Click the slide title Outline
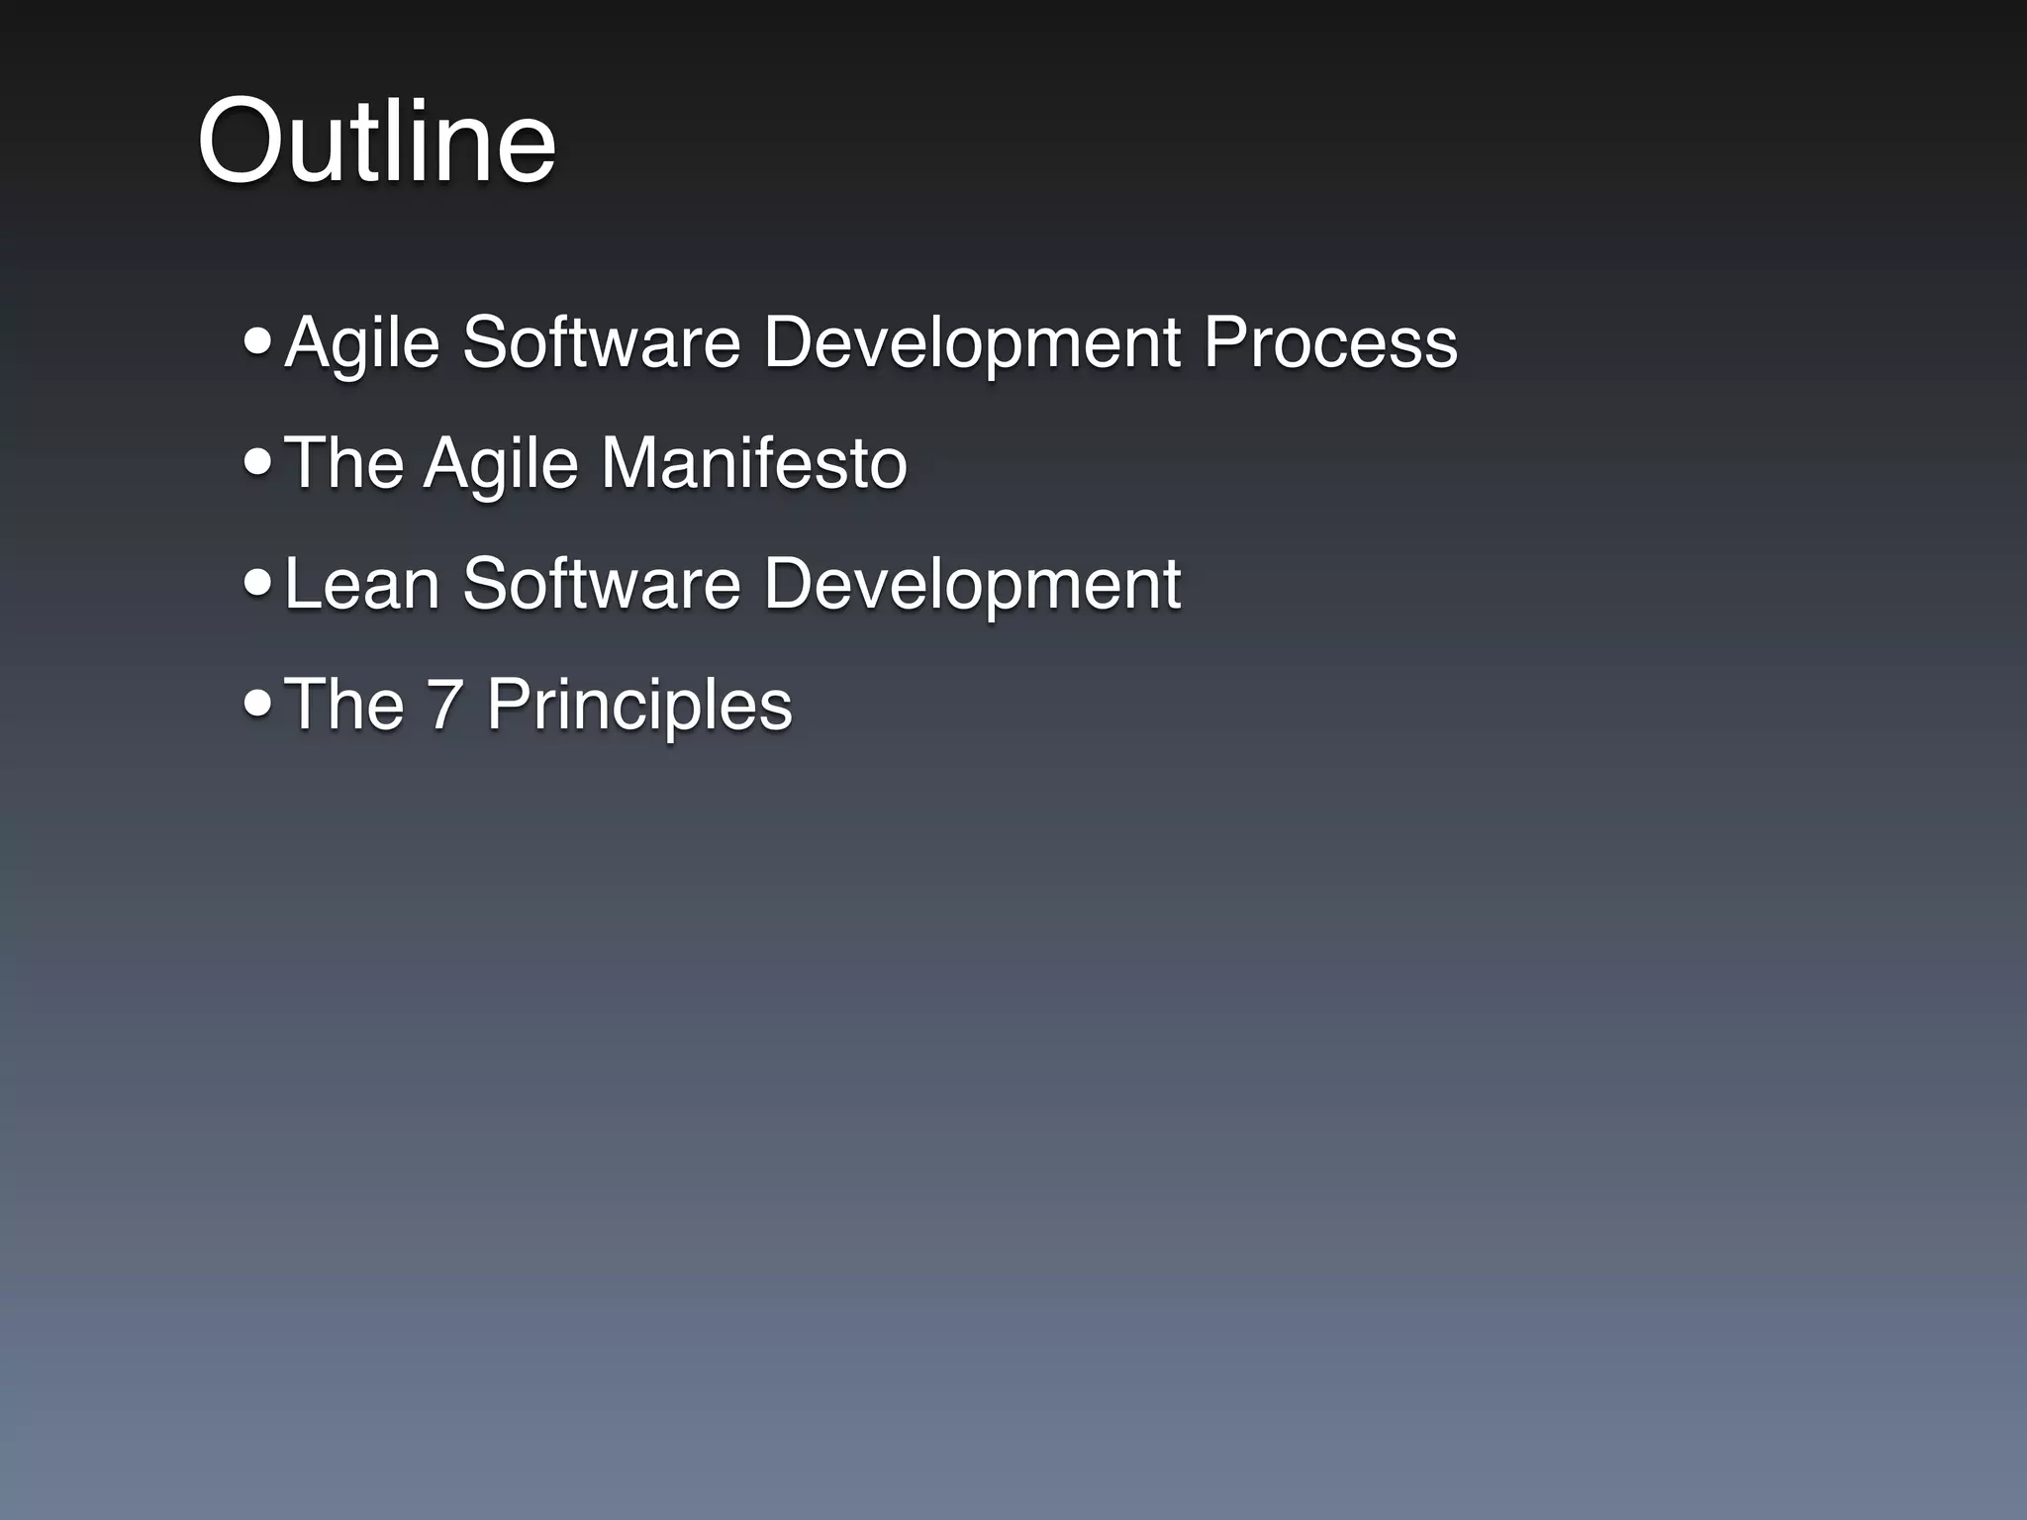tap(376, 141)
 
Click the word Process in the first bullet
tap(1329, 342)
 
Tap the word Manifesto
tap(753, 463)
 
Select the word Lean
tap(361, 584)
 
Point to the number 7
tap(444, 705)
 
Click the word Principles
tap(638, 707)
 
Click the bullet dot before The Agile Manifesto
tap(257, 462)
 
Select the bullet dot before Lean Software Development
tap(257, 583)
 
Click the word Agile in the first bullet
tap(361, 344)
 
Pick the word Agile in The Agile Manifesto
tap(501, 465)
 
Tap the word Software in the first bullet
tap(602, 342)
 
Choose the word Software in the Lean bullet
tap(602, 584)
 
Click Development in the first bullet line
tap(971, 344)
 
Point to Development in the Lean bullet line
tap(971, 586)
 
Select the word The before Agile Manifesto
tap(343, 463)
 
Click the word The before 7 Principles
tap(343, 705)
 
